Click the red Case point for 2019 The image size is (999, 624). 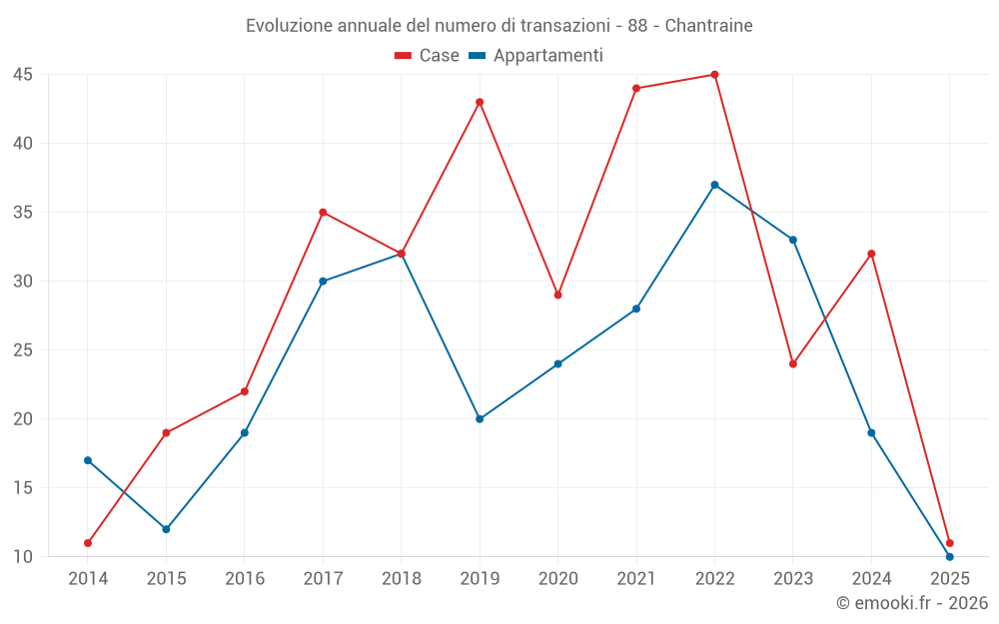point(480,102)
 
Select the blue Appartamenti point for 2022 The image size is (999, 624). point(714,185)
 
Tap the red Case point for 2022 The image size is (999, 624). point(714,74)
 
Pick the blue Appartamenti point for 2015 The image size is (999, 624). point(166,529)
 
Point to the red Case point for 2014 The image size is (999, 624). point(88,543)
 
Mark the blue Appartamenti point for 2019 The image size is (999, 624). point(480,419)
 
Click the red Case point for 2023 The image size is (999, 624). point(793,363)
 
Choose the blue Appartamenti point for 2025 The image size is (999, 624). point(950,556)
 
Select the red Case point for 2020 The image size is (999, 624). point(557,295)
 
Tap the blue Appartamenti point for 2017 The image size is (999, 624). point(323,281)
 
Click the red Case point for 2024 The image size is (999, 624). point(871,254)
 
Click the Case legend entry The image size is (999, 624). point(428,56)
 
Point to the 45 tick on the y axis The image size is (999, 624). point(23,75)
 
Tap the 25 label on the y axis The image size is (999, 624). point(23,350)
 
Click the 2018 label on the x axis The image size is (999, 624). point(401,579)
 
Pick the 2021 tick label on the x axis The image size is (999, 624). point(636,579)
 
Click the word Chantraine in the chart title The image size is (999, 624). point(710,26)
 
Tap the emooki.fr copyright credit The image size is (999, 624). point(912,603)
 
